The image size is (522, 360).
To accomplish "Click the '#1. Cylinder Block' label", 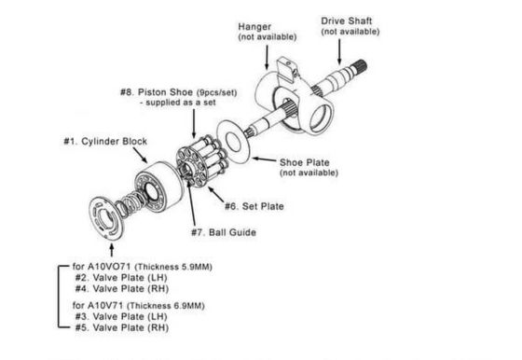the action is pyautogui.click(x=105, y=141).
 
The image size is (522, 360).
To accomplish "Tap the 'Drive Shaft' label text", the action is pyautogui.click(x=346, y=21).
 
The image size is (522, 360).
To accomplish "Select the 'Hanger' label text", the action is pyautogui.click(x=254, y=27).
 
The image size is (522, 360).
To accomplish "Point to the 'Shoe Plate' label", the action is pyautogui.click(x=304, y=162).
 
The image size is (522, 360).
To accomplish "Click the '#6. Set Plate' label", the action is pyautogui.click(x=254, y=206).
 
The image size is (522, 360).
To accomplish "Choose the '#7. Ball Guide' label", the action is pyautogui.click(x=224, y=232).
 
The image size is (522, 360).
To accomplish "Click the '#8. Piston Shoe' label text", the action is pyautogui.click(x=157, y=92).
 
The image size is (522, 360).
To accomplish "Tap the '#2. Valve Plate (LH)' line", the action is pyautogui.click(x=121, y=278).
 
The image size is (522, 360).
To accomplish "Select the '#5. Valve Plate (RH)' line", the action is pyautogui.click(x=122, y=327).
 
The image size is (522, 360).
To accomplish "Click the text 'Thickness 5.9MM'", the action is pyautogui.click(x=173, y=267).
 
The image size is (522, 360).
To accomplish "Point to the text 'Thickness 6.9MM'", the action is pyautogui.click(x=166, y=306).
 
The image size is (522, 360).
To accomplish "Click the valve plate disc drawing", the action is pyautogui.click(x=106, y=217).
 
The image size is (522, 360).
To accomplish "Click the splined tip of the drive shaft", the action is pyautogui.click(x=360, y=66).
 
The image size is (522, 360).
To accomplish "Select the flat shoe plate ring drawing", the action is pyautogui.click(x=234, y=142).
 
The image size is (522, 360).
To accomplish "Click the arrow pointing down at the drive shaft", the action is pyautogui.click(x=339, y=51).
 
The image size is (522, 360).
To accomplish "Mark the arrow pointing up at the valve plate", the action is pyautogui.click(x=112, y=251).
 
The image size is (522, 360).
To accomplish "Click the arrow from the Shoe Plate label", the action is pyautogui.click(x=264, y=159).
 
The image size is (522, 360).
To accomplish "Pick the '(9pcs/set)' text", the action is pyautogui.click(x=216, y=92).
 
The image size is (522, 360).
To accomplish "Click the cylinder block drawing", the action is pyautogui.click(x=159, y=187).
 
